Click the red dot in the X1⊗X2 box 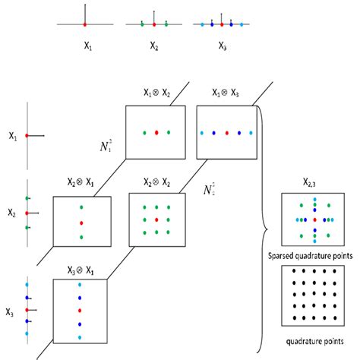[156, 132]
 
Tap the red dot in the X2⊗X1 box [81, 223]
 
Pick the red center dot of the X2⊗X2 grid [156, 219]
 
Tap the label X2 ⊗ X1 [81, 183]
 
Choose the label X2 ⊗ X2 [156, 182]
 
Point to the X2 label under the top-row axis [154, 46]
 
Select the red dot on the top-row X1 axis [86, 24]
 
